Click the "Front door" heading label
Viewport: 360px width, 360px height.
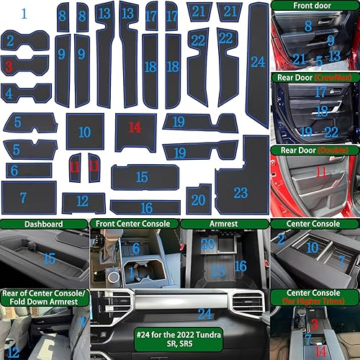[314, 6]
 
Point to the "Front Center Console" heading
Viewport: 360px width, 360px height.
[132, 224]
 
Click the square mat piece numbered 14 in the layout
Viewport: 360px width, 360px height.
[135, 130]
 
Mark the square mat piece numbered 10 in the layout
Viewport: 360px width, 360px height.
[85, 132]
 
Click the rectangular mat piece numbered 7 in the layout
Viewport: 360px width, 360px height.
[27, 197]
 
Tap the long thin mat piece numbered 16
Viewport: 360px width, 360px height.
[145, 207]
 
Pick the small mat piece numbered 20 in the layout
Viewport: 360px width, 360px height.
[198, 200]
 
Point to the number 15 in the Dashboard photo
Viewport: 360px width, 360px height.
[48, 258]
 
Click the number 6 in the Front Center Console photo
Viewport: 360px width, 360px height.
[135, 248]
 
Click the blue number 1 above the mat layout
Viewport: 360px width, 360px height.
[24, 13]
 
